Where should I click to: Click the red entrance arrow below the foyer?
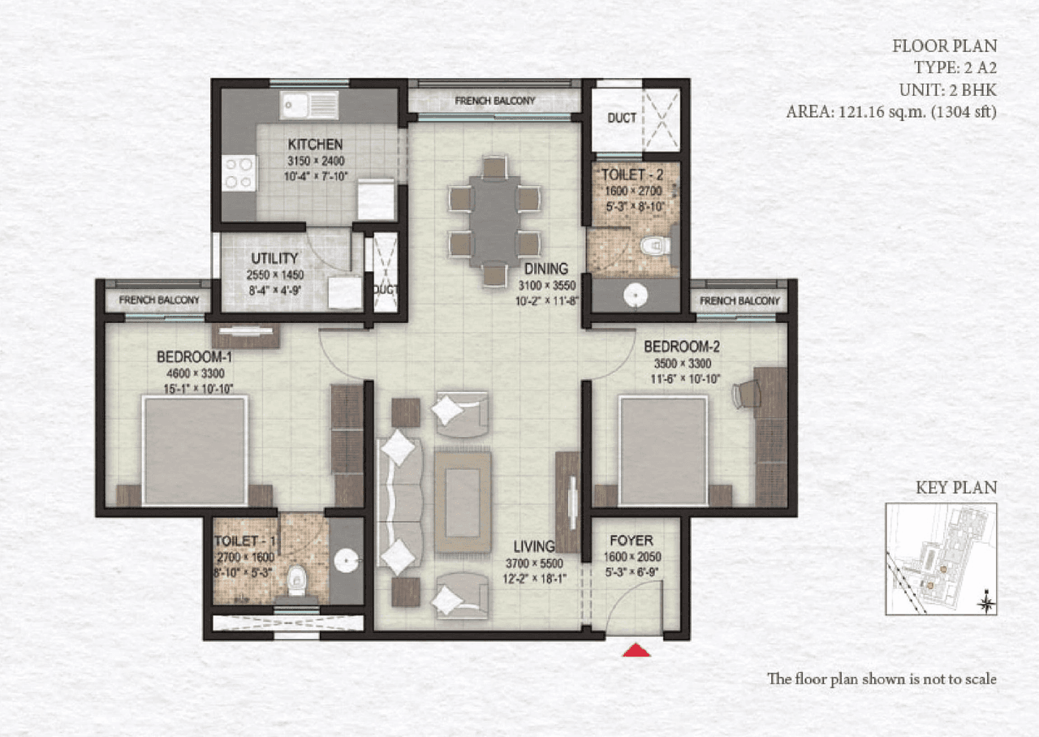tap(637, 649)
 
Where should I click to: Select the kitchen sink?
tap(309, 105)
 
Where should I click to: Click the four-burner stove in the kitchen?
tap(239, 173)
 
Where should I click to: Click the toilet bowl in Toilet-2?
tap(654, 244)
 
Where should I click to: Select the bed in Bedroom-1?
tap(195, 450)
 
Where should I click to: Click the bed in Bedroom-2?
tap(663, 450)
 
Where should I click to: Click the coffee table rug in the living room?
tap(462, 502)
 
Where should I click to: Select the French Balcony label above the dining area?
tap(494, 101)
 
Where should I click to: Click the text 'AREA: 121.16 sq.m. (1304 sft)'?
tap(890, 111)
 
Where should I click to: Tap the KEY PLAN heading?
tap(955, 488)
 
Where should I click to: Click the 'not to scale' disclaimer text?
tap(882, 679)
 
